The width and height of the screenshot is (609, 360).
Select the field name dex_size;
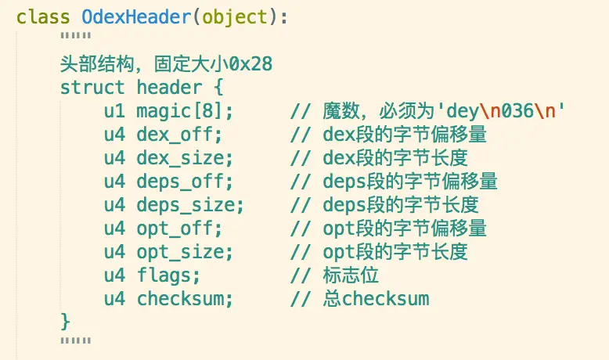click(185, 158)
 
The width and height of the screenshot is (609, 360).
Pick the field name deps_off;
click(185, 182)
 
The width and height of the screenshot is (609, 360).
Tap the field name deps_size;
click(190, 205)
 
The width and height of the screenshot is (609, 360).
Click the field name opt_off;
click(180, 229)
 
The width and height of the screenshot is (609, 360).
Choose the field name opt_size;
click(185, 252)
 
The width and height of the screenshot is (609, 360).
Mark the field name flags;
click(169, 275)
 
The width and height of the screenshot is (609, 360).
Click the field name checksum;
click(185, 299)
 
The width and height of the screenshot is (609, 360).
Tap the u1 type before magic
click(114, 111)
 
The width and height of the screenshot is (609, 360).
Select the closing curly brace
click(65, 321)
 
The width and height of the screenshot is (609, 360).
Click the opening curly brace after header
click(218, 88)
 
